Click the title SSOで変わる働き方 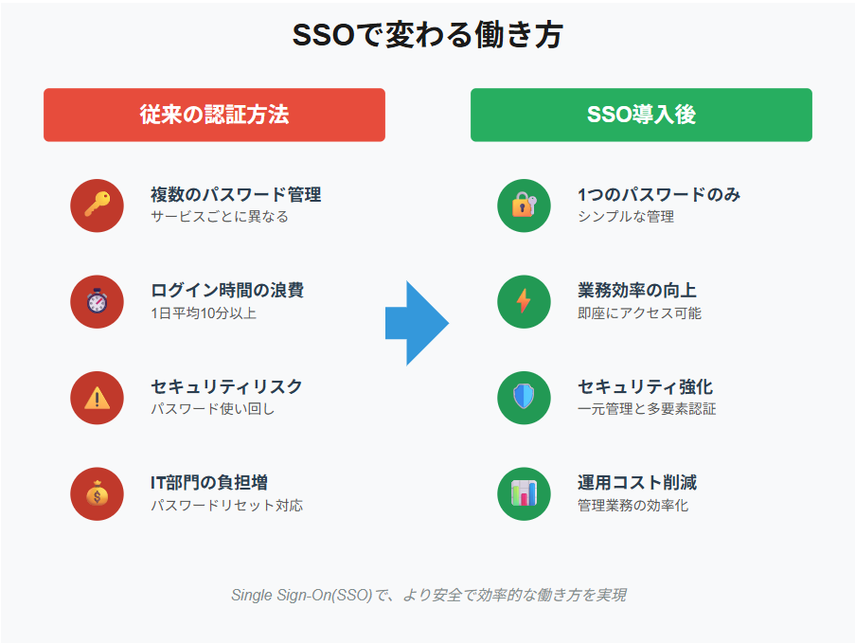point(427,36)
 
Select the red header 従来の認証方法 point(214,115)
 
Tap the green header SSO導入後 point(641,115)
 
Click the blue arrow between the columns point(417,323)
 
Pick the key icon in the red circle point(97,205)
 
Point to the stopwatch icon point(97,301)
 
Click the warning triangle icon point(97,398)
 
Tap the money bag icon point(97,493)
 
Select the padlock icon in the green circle point(524,205)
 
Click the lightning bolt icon point(524,301)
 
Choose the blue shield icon point(524,398)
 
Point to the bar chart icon point(524,493)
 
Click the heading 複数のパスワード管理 point(236,195)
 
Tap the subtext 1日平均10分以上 point(203,313)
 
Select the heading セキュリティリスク point(226,386)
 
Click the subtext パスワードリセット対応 point(226,505)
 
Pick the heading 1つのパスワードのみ point(659,195)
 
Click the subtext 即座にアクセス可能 point(639,313)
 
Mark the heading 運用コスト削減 point(636,483)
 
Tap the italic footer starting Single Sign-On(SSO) point(428,595)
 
